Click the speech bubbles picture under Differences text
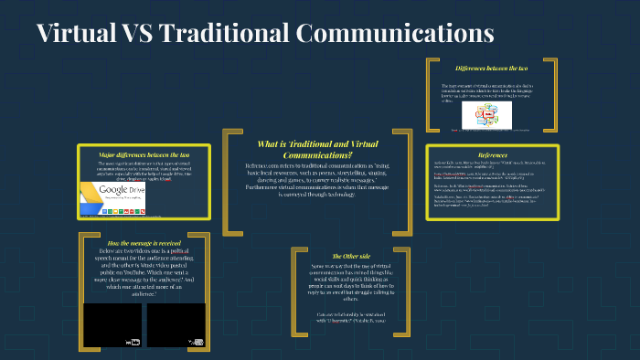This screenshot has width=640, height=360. (486, 114)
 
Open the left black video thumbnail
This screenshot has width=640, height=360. (112, 324)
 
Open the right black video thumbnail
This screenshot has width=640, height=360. (176, 324)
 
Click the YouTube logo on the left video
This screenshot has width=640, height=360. (133, 343)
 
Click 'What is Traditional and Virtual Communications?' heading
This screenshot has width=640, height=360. (318, 149)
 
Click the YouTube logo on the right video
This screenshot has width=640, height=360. (196, 343)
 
